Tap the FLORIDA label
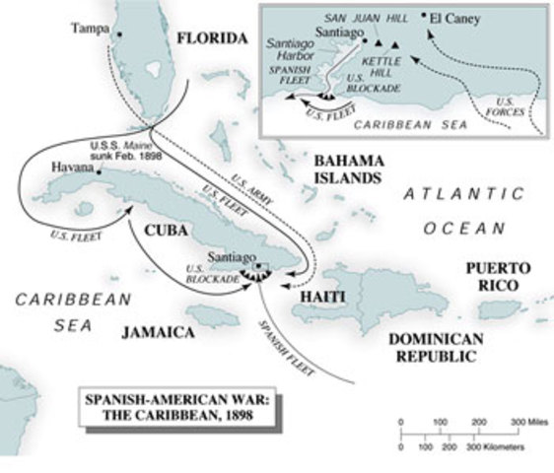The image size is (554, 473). click(211, 38)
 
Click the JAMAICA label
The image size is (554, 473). click(158, 332)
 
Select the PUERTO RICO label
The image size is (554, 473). click(498, 276)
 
